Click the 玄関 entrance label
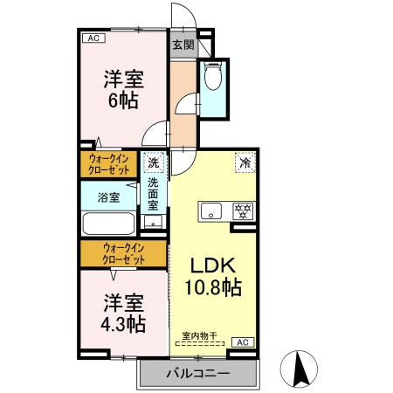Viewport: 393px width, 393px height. coord(181,45)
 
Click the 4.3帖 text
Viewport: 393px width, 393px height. coord(122,322)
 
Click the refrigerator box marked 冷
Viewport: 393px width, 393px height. coord(245,162)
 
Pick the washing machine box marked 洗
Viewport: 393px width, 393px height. coord(154,162)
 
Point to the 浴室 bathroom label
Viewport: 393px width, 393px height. coord(108,198)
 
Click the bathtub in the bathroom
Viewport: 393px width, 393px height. coord(107,223)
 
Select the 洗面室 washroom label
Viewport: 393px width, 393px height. coord(153,195)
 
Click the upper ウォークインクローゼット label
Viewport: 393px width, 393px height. coord(111,164)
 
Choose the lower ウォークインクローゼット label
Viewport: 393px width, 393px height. coord(122,254)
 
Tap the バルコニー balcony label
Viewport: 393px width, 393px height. coord(198,373)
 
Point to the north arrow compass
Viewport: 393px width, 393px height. coord(300,369)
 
